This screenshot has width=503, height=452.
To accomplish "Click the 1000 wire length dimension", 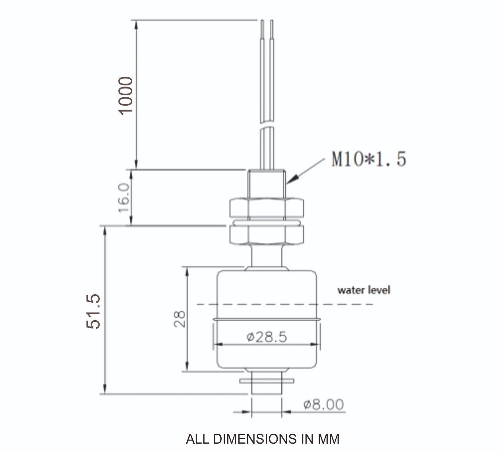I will pyautogui.click(x=126, y=95).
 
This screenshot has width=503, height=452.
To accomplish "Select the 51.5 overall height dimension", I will pyautogui.click(x=94, y=311).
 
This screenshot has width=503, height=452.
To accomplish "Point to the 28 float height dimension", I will pyautogui.click(x=180, y=319).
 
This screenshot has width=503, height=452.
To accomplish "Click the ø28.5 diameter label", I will pyautogui.click(x=267, y=337).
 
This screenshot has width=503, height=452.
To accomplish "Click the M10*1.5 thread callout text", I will pyautogui.click(x=369, y=159).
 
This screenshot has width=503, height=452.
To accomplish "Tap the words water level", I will pyautogui.click(x=364, y=290).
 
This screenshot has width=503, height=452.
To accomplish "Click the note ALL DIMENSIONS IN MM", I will pyautogui.click(x=263, y=439).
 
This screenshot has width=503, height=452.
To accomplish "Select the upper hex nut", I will pyautogui.click(x=267, y=207).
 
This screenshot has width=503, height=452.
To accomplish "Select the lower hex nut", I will pyautogui.click(x=267, y=235).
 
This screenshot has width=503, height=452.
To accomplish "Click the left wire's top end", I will pyautogui.click(x=262, y=22).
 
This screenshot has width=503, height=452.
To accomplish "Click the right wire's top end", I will pyautogui.click(x=272, y=22).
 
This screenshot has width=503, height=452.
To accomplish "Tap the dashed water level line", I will pyautogui.click(x=346, y=304).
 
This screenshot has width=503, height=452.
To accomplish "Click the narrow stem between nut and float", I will pyautogui.click(x=267, y=256).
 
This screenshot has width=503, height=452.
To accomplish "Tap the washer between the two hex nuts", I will pyautogui.click(x=267, y=221).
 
